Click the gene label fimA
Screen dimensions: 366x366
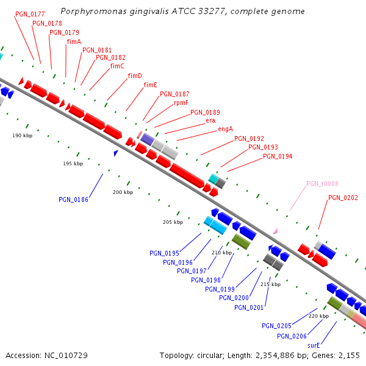pyautogui.click(x=74, y=41)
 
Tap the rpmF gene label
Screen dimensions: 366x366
pyautogui.click(x=181, y=102)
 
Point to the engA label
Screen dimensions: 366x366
pyautogui.click(x=226, y=129)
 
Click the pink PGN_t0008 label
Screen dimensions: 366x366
pyautogui.click(x=322, y=184)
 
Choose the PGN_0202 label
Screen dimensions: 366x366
pyautogui.click(x=343, y=198)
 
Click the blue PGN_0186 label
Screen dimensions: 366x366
pyautogui.click(x=73, y=199)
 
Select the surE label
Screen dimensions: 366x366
pyautogui.click(x=314, y=345)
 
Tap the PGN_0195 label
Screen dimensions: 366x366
pyautogui.click(x=164, y=253)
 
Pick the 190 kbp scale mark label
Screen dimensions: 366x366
pyautogui.click(x=23, y=135)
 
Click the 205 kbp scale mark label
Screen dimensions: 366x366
pyautogui.click(x=173, y=223)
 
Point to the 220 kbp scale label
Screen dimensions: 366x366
pyautogui.click(x=318, y=316)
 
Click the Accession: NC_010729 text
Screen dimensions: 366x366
pyautogui.click(x=46, y=355)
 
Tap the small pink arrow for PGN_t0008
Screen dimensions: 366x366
pyautogui.click(x=275, y=231)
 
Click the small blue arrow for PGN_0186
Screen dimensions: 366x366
pyautogui.click(x=116, y=152)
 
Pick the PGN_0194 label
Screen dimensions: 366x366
pyautogui.click(x=278, y=157)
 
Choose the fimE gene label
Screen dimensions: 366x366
pyautogui.click(x=151, y=85)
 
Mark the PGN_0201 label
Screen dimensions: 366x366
pyautogui.click(x=249, y=307)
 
